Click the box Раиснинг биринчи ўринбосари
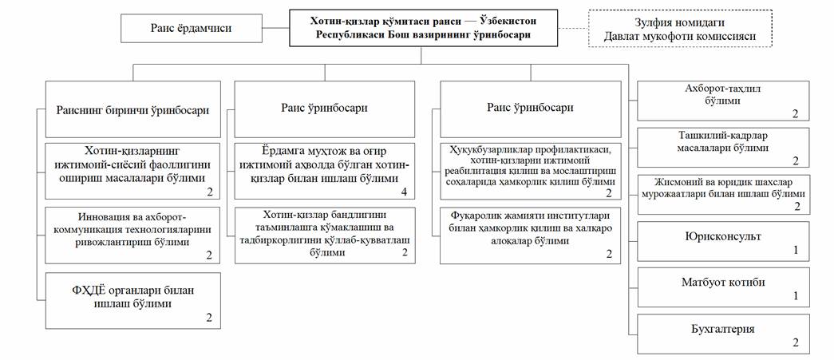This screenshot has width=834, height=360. coord(133,110)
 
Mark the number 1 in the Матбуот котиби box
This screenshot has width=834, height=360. coord(795,296)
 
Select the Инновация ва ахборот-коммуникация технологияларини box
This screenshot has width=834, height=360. coord(133,235)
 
